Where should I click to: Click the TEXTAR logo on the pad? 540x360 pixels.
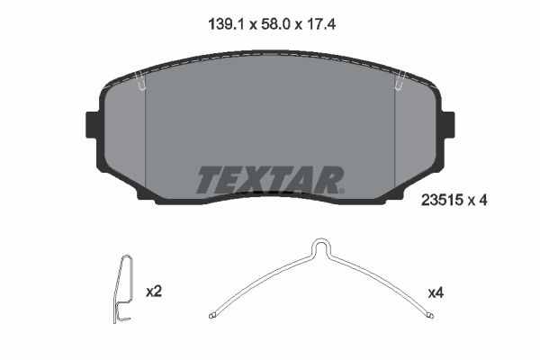coord(269,180)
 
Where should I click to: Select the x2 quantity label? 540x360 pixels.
coord(153,292)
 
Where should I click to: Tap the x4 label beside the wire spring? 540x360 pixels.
coord(436,292)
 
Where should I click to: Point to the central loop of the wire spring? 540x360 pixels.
coord(320,247)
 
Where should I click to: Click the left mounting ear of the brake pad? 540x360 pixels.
coord(91,124)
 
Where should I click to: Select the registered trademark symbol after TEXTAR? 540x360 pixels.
coord(341,190)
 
